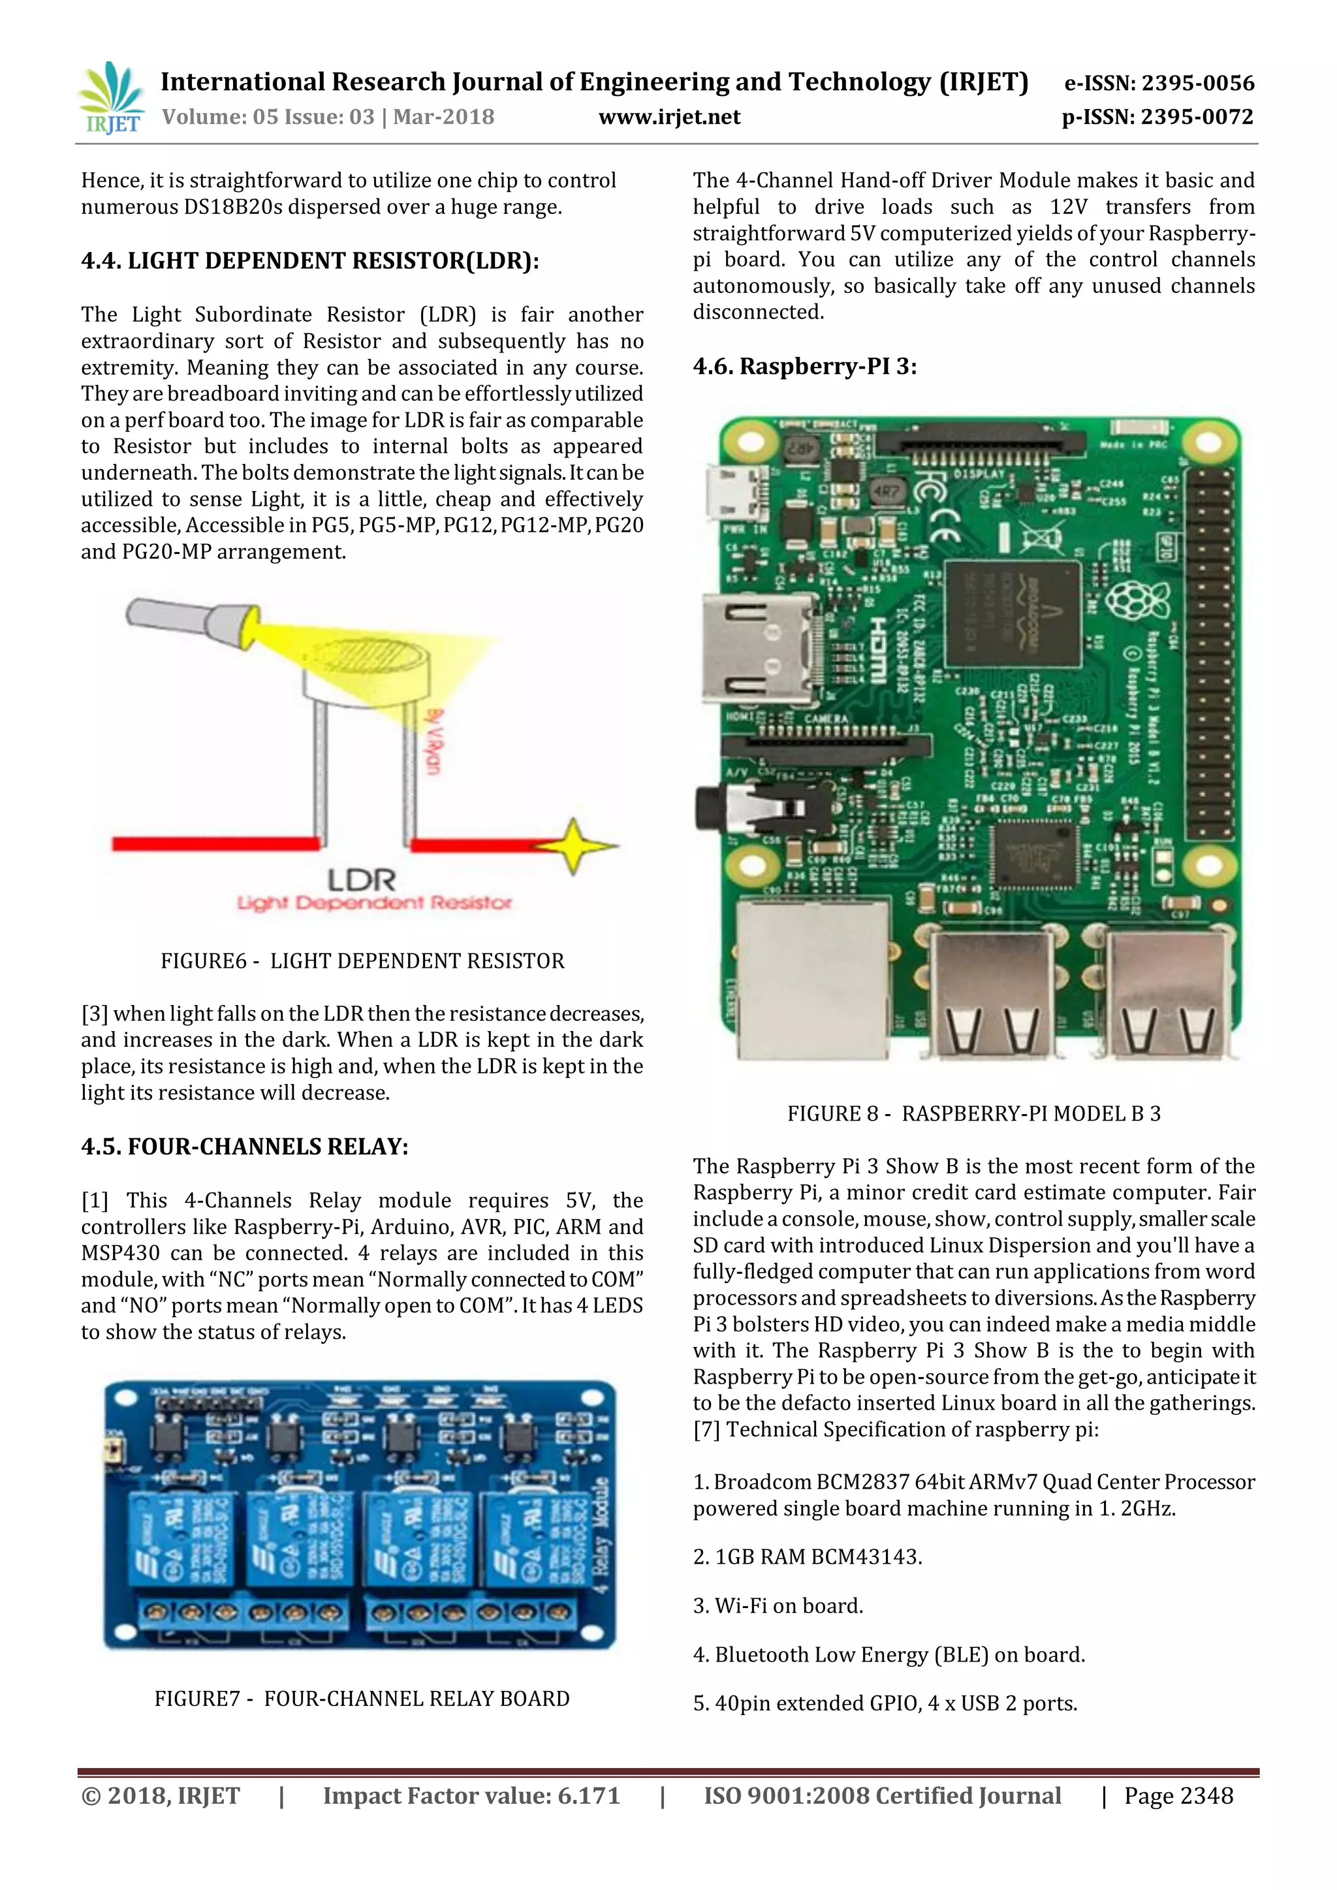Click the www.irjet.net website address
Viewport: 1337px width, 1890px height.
668,117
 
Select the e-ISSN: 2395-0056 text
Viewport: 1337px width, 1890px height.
1159,83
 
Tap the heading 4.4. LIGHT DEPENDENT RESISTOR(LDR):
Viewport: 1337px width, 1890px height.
309,261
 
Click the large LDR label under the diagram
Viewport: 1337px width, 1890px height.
362,880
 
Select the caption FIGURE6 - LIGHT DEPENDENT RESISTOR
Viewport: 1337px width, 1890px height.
362,961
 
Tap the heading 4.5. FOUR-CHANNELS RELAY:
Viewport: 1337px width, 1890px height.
245,1147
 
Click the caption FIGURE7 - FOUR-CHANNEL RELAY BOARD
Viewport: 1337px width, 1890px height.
362,1698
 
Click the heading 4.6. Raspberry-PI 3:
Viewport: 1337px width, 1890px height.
804,366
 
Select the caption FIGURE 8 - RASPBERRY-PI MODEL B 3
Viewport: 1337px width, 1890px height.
973,1114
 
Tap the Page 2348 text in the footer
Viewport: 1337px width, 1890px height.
1178,1795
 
